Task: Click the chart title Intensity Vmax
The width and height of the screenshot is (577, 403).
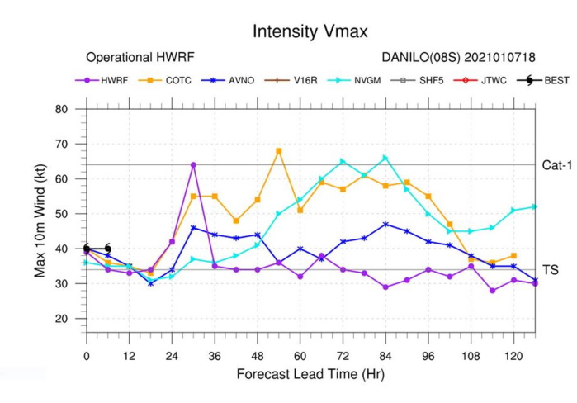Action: coord(310,31)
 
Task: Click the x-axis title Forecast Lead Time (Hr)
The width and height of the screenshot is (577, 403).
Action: coord(310,373)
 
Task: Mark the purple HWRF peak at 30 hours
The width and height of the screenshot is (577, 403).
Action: coord(193,165)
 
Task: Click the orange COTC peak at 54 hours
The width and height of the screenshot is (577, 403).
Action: coord(279,151)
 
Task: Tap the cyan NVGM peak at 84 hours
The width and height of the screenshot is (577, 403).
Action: coord(385,158)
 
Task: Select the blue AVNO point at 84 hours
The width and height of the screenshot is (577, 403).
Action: coord(385,224)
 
